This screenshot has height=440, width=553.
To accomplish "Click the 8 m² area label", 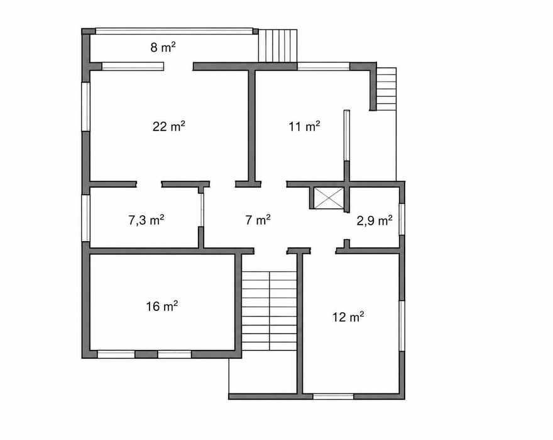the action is [163, 47].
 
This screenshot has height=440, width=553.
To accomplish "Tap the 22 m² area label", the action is [169, 126].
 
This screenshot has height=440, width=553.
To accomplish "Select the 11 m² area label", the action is [304, 126].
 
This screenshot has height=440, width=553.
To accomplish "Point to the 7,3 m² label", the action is [146, 220].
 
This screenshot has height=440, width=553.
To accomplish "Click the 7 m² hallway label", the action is [258, 220].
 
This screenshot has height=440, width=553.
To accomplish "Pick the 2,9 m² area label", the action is [375, 221].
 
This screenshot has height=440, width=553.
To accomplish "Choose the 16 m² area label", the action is [162, 306].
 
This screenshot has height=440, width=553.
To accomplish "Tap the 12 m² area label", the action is [348, 317].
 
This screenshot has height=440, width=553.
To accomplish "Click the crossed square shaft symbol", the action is [329, 198].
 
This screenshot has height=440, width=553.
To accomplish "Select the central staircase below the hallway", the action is [270, 311].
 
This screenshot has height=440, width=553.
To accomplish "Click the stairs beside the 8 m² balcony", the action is [278, 45].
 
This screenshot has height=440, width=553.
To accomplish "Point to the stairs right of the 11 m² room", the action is [386, 89].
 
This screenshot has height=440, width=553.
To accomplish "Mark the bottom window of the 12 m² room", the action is [333, 397].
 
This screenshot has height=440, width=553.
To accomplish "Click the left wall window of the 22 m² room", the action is [85, 107].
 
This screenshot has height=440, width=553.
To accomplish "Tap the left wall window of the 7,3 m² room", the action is [85, 218].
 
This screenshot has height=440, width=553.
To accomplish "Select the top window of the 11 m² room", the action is [324, 67].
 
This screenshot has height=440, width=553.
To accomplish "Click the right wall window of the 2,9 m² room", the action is [402, 219].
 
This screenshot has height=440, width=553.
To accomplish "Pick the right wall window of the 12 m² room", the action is [402, 325].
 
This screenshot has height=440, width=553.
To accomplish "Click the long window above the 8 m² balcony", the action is [174, 31].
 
